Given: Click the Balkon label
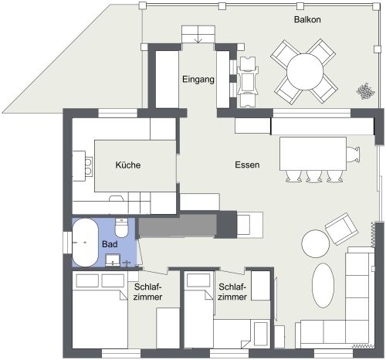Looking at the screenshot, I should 307,19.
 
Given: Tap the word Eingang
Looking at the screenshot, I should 198,80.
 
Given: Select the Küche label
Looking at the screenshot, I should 128,165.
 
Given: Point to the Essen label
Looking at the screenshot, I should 247,165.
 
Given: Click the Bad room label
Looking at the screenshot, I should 110,244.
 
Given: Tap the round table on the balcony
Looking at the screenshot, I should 304,73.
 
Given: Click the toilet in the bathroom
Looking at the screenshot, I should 121,229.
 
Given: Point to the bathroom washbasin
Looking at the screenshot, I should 112,260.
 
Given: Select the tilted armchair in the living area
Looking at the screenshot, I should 340,227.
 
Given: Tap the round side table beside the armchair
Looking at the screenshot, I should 315,244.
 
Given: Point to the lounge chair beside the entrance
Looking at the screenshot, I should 248,80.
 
